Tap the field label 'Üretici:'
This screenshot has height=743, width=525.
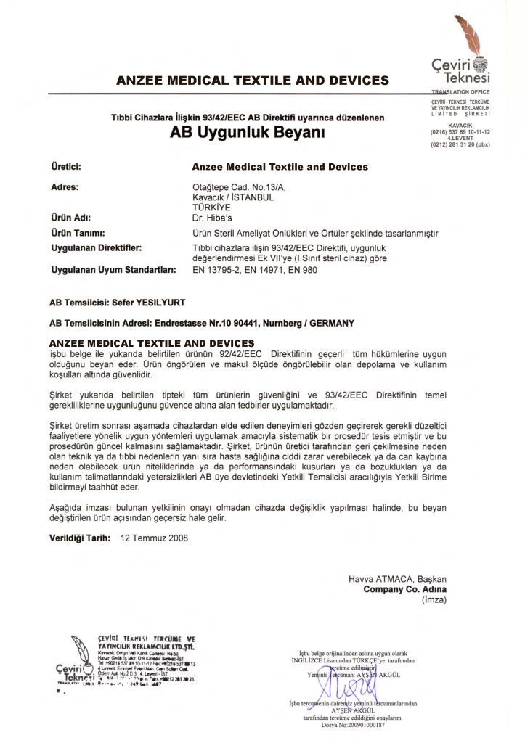(65, 167)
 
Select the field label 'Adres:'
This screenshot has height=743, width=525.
(64, 186)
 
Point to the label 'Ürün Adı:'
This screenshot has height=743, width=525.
(70, 217)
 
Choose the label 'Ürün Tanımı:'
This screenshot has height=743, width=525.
(75, 233)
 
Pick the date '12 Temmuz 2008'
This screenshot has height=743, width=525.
(153, 539)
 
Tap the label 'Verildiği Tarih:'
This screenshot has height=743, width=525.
(81, 539)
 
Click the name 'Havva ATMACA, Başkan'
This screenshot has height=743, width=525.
(397, 578)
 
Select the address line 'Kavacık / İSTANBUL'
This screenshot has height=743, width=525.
(226, 197)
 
